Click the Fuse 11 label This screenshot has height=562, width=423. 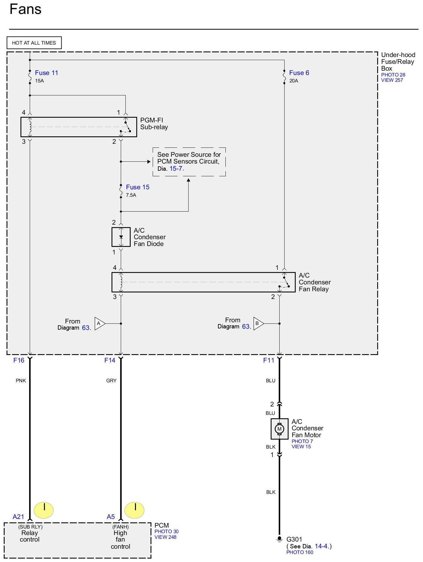click(x=46, y=73)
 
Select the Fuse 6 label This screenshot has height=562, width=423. click(x=299, y=73)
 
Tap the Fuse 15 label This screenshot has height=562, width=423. click(x=138, y=187)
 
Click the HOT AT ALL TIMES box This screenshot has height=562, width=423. click(x=34, y=43)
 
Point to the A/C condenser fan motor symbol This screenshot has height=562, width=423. click(x=279, y=429)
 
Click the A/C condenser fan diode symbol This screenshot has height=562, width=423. click(x=121, y=237)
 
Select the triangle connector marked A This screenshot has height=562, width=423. click(x=100, y=323)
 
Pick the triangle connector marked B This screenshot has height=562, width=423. click(x=259, y=323)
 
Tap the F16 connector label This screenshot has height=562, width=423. click(x=19, y=360)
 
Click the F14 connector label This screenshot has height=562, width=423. click(x=110, y=360)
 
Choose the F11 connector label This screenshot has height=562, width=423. click(x=269, y=360)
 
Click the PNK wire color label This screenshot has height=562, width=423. click(x=21, y=381)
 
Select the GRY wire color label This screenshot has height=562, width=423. click(x=111, y=381)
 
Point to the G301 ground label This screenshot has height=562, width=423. click(x=294, y=539)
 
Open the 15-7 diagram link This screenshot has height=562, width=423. click(x=176, y=169)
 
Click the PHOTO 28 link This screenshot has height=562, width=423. click(x=393, y=75)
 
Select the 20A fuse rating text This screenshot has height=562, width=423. click(x=294, y=81)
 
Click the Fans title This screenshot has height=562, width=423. click(x=25, y=9)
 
